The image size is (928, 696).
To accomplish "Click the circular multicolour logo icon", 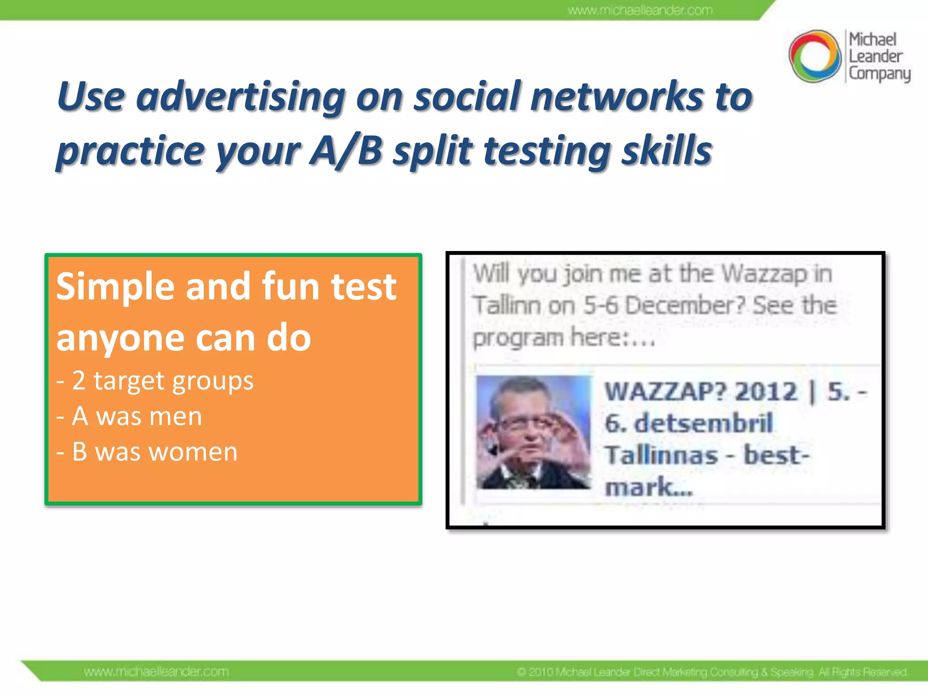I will click(815, 56).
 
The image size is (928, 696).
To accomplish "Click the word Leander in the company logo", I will click(875, 57).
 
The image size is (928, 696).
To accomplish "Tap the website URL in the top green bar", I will click(640, 10).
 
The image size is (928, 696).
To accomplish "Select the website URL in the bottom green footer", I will click(156, 671).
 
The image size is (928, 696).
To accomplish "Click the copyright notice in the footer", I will click(711, 672).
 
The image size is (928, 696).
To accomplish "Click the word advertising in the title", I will click(241, 97).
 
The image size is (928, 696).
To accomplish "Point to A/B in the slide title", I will click(346, 151).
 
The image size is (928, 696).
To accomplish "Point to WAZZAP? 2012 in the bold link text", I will click(701, 391).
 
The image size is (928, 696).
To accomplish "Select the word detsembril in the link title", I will click(703, 423).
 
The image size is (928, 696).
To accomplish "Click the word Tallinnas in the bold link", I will click(662, 455).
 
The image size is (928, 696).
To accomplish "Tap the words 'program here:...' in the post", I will click(564, 338).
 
